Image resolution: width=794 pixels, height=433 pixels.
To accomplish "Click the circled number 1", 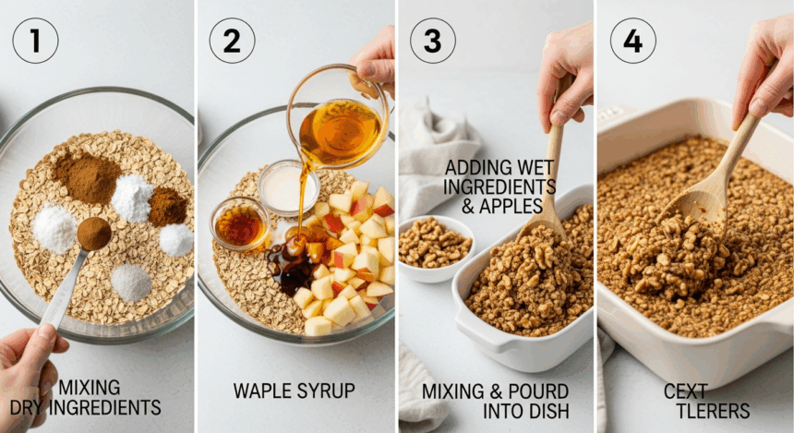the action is click(35, 41).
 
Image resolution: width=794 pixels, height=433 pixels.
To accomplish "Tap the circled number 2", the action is click(232, 41).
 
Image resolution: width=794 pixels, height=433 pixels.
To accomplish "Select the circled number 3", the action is click(432, 41).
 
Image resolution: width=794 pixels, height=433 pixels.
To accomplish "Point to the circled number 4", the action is click(633, 41).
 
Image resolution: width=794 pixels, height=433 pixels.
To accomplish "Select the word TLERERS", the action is click(713, 411).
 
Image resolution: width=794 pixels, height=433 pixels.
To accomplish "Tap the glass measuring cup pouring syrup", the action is click(339, 119).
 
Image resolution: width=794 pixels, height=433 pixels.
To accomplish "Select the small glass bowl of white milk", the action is click(288, 187).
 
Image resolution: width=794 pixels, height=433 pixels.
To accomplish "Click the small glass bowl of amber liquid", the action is click(239, 223).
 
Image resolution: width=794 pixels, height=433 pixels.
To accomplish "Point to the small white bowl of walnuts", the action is click(437, 249).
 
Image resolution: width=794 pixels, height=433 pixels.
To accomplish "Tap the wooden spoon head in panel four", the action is click(699, 201).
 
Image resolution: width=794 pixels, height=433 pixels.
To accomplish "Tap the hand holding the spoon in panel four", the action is click(764, 71).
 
